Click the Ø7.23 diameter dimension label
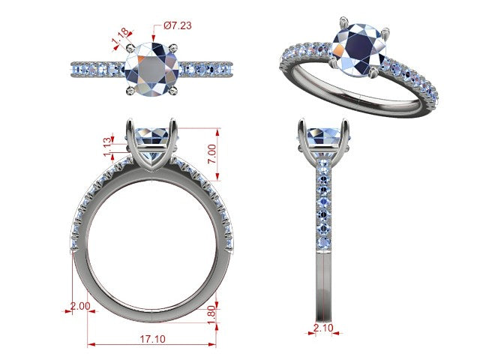[x=178, y=25]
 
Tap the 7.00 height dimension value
[x=211, y=154]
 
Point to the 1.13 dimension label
[x=107, y=147]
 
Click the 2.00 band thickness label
[x=80, y=306]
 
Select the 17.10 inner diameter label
[x=153, y=339]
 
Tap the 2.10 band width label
[x=323, y=328]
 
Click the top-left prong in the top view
[x=130, y=48]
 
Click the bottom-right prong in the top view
[x=173, y=90]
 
